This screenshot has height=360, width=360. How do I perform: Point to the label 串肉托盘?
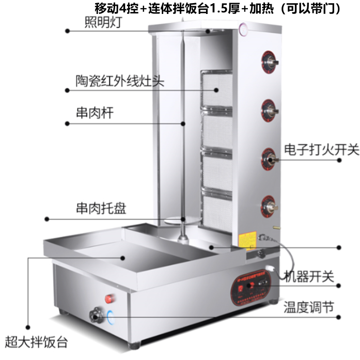pyautogui.click(x=99, y=209)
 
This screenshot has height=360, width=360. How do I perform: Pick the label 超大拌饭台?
pyautogui.click(x=37, y=342)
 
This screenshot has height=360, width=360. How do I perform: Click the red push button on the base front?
pyautogui.click(x=109, y=299)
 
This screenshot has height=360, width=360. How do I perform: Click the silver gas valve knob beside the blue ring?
pyautogui.click(x=96, y=313)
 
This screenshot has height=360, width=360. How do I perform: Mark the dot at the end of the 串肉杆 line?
pyautogui.click(x=68, y=123)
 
